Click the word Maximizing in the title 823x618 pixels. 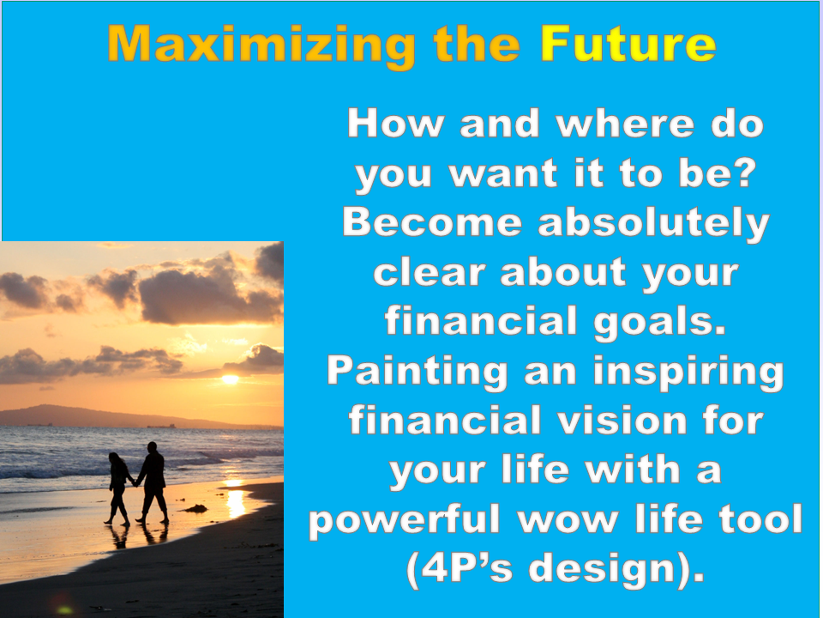(x=261, y=45)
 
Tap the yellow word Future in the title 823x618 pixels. (x=628, y=43)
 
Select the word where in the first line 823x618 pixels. (x=625, y=124)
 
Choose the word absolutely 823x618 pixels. (x=653, y=224)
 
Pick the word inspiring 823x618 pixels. (x=688, y=373)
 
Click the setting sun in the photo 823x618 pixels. (x=230, y=379)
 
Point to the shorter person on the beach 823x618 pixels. (x=119, y=488)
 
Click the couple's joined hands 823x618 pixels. (x=135, y=483)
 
